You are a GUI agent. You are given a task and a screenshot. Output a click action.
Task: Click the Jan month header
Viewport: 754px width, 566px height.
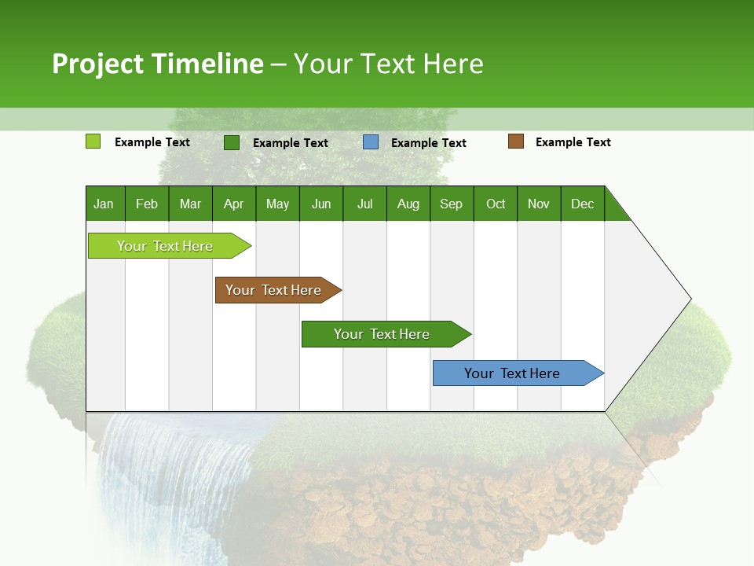104,204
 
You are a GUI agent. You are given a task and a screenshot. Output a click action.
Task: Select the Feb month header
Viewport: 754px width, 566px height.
147,204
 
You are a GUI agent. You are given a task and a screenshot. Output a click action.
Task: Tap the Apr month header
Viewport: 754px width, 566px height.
234,204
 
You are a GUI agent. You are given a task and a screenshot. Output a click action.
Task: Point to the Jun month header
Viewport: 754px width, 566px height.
321,204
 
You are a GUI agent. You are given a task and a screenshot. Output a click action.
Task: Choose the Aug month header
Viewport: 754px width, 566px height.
408,204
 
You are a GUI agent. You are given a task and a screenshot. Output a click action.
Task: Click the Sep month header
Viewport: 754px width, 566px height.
452,204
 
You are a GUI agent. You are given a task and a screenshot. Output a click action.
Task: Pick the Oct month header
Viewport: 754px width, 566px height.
496,204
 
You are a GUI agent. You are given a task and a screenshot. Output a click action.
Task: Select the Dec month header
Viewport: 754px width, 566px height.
583,204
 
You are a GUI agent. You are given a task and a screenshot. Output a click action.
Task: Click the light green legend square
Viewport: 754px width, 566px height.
93,141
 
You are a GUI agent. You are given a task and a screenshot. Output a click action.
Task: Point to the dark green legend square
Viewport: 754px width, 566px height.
232,142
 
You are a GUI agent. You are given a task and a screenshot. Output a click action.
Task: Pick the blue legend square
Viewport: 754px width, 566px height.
371,142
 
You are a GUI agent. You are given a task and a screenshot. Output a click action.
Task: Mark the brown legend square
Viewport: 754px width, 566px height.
516,141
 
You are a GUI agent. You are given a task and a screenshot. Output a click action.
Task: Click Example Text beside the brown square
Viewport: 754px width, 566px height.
573,142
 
